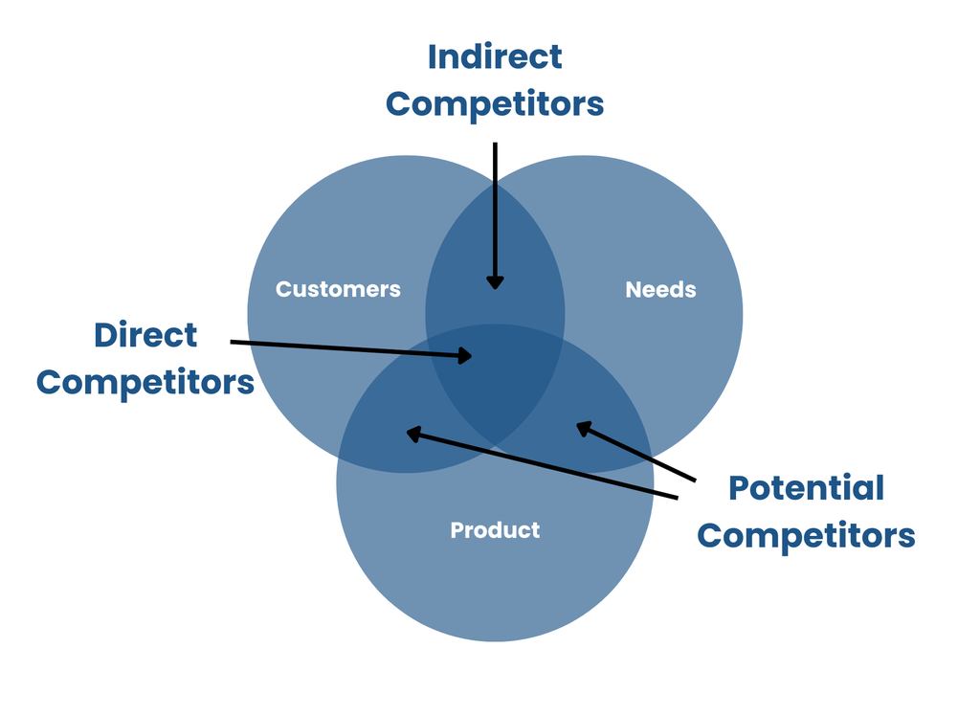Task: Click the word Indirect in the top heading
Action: pyautogui.click(x=495, y=56)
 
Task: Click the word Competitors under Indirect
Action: pyautogui.click(x=495, y=104)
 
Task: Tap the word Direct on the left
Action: pyautogui.click(x=145, y=335)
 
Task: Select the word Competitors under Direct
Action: pyautogui.click(x=145, y=383)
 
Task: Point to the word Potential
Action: pyautogui.click(x=806, y=488)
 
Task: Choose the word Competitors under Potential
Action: pyautogui.click(x=806, y=536)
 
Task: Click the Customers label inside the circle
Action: pyautogui.click(x=338, y=289)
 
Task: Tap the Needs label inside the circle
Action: pyautogui.click(x=660, y=289)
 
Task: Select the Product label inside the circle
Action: pyautogui.click(x=495, y=530)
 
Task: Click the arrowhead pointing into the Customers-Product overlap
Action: pyautogui.click(x=413, y=434)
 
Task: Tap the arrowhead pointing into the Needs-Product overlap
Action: pyautogui.click(x=583, y=428)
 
